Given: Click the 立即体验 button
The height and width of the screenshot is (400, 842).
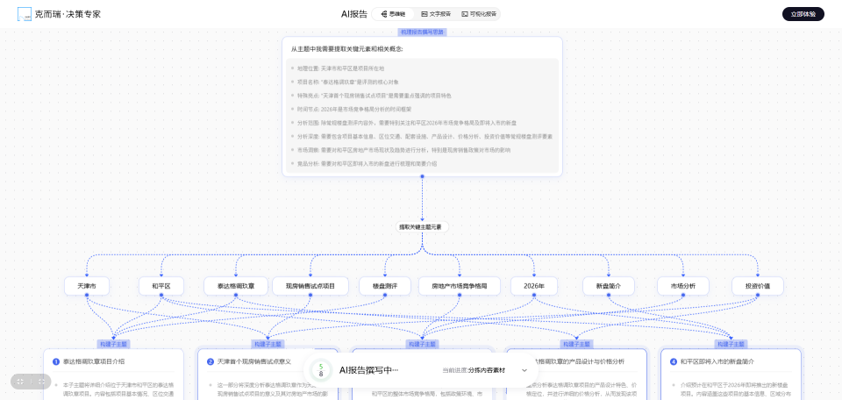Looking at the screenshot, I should pyautogui.click(x=803, y=14).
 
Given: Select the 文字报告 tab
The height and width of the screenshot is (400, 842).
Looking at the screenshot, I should pyautogui.click(x=436, y=14).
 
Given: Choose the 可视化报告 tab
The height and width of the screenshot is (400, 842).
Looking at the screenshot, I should pyautogui.click(x=479, y=14).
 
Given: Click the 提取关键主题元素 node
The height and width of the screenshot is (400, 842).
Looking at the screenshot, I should pyautogui.click(x=422, y=226).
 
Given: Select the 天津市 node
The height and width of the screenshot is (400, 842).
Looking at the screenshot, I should pyautogui.click(x=87, y=286).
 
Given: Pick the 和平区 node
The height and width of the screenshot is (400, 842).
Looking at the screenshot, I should pyautogui.click(x=161, y=286).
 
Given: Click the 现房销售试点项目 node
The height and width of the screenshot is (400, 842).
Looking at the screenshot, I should pyautogui.click(x=304, y=286).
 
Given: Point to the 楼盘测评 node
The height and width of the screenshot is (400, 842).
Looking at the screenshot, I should pyautogui.click(x=384, y=286).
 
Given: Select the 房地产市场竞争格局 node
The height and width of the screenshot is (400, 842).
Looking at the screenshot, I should pyautogui.click(x=459, y=286).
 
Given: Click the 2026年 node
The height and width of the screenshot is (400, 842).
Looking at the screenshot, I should pyautogui.click(x=534, y=286).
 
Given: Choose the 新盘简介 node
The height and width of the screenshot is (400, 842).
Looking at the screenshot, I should pyautogui.click(x=608, y=286).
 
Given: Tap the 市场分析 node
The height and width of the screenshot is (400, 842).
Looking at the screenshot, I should pyautogui.click(x=682, y=286).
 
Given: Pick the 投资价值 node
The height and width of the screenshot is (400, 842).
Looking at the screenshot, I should pyautogui.click(x=757, y=286).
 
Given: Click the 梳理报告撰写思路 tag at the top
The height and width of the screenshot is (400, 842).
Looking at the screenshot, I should pyautogui.click(x=422, y=32).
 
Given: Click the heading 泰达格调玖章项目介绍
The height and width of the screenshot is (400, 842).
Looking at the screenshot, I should pyautogui.click(x=94, y=361).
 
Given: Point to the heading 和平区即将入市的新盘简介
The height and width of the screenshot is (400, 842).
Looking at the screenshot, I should pyautogui.click(x=717, y=361).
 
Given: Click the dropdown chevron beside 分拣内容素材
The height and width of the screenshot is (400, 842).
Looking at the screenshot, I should pyautogui.click(x=524, y=371).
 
